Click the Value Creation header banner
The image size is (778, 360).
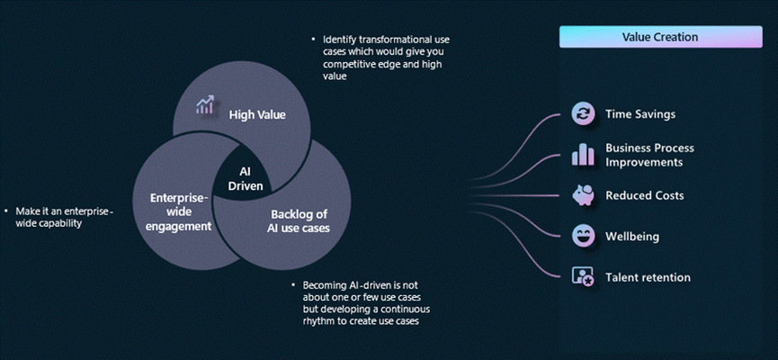660,37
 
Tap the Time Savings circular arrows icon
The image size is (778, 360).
583,113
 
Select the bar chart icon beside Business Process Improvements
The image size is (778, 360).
583,155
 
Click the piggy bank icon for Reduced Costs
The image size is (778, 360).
583,195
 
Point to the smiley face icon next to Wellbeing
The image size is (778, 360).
583,236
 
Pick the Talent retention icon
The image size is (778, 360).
583,276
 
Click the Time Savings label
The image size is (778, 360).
640,114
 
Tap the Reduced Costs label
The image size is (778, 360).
645,195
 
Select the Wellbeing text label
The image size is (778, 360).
632,237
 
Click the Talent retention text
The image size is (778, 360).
648,277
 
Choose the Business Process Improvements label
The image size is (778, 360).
649,155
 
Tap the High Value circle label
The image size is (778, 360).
257,114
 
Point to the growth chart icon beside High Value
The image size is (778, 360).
205,104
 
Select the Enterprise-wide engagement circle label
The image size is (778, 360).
181,212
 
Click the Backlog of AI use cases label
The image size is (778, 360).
300,221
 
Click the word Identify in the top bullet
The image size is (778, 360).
339,40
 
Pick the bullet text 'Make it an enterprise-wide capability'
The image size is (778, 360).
65,217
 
